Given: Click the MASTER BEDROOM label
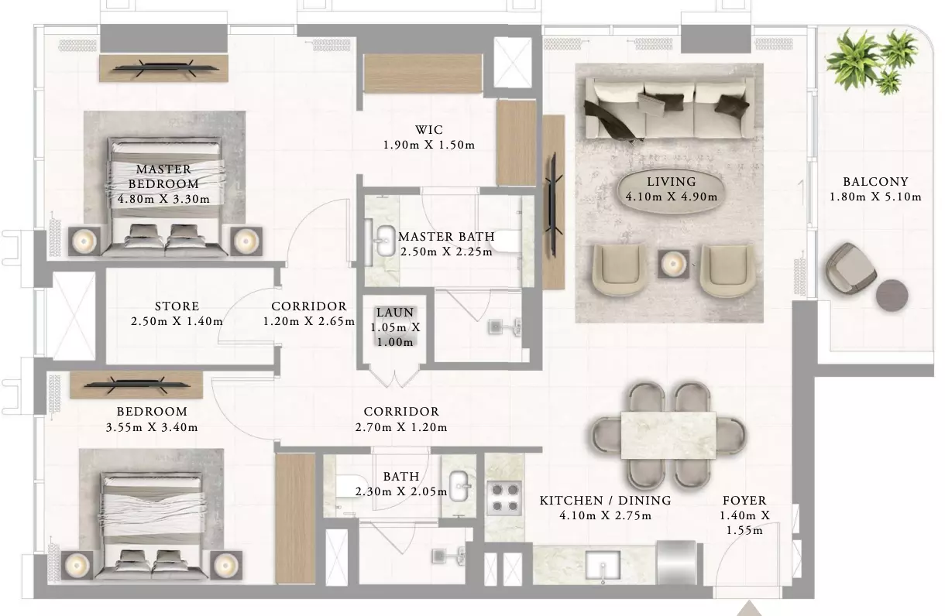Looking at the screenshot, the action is pos(163,176).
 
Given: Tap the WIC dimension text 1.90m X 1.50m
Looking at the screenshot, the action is pos(429,145).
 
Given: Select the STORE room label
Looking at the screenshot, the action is pos(177,306).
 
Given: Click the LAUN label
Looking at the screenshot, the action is pos(395,312).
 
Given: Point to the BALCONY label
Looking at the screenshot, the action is pos(875,182).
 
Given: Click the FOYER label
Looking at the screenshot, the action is pos(744,501).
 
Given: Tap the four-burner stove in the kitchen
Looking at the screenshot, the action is pos(504,498).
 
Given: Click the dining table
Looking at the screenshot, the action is pos(668,435).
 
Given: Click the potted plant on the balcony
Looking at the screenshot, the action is pos(871,61).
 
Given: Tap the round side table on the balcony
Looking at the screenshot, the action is pos(892,296).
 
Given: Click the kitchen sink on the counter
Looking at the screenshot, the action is pos(603,566).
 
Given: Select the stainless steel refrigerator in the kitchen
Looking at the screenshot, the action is pos(676,563).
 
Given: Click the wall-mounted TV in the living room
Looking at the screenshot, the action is pos(554,205).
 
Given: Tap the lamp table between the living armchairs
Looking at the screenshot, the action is pos(673,264).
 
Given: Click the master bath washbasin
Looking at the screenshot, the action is pos(384,241).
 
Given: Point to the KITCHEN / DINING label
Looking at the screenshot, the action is pos(606,501).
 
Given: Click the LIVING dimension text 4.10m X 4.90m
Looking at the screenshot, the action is pos(672,197).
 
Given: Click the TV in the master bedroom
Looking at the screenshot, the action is pos(164,68).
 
